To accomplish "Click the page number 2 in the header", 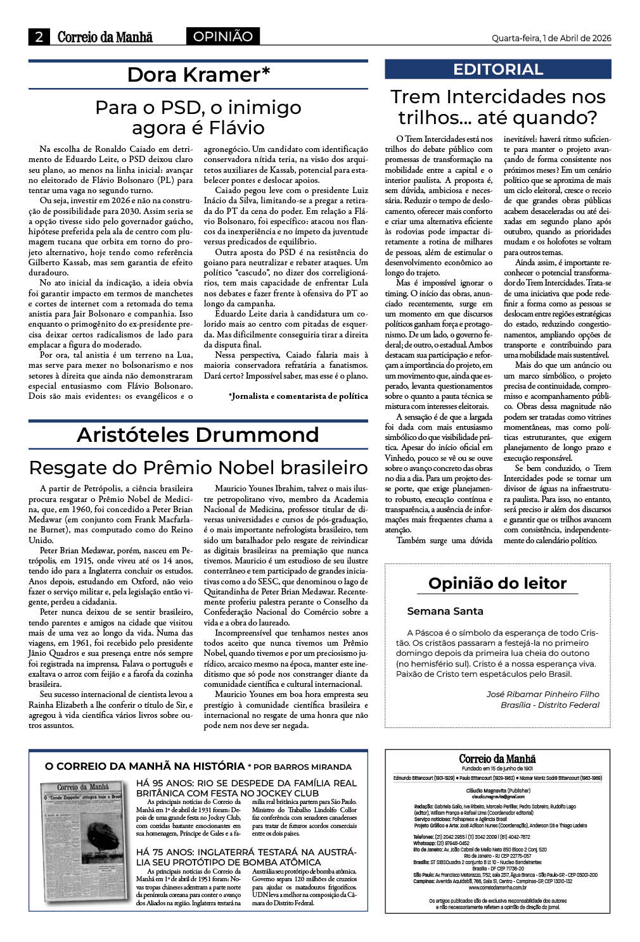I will pos(39,37).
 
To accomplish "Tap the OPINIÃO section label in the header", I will pos(222,37).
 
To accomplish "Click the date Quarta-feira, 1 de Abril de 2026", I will pos(551,38).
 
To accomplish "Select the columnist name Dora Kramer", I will pos(198,75).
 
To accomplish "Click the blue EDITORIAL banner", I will pos(498,69).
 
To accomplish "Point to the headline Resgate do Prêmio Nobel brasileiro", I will pos(198,467).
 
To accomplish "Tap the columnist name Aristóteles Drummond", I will pos(198,435).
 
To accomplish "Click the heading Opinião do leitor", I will pos(497,583).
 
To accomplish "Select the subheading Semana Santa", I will pos(445,611).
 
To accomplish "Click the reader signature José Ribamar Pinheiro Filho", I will pos(542,694).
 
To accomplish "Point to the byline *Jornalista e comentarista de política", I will pos(298,396).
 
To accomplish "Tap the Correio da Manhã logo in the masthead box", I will pos(497,758).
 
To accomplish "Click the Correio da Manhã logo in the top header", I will pos(105,37).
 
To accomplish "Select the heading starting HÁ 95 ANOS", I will pos(246,788).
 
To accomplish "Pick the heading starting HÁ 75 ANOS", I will pos(246,857).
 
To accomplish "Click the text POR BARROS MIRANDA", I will pos(303,767).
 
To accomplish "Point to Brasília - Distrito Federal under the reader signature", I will pos(549,705).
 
